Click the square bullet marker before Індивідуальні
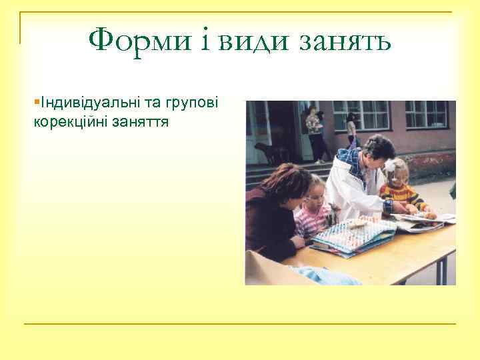pyautogui.click(x=36, y=102)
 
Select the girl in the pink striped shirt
pyautogui.click(x=313, y=210)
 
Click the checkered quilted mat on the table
pyautogui.click(x=350, y=235)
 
